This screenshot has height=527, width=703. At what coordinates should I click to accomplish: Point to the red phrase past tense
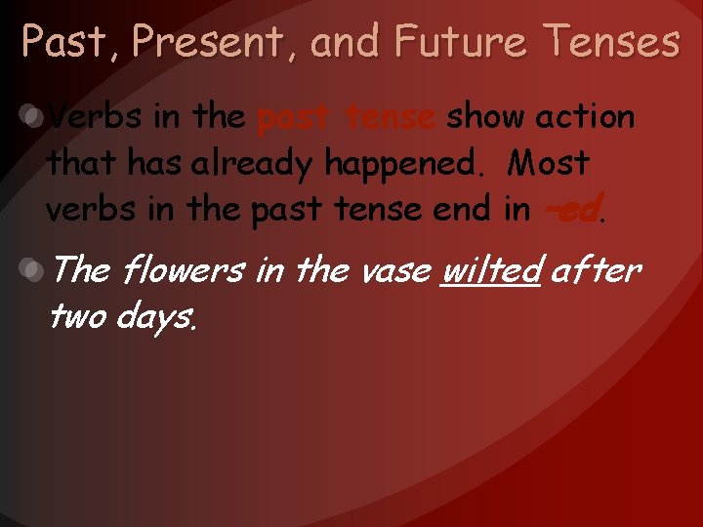click(x=346, y=118)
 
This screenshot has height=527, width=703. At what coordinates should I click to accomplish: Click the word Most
click(x=549, y=163)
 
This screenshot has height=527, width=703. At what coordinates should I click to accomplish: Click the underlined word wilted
click(x=491, y=269)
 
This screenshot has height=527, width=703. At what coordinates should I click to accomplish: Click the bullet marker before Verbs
click(x=33, y=117)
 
